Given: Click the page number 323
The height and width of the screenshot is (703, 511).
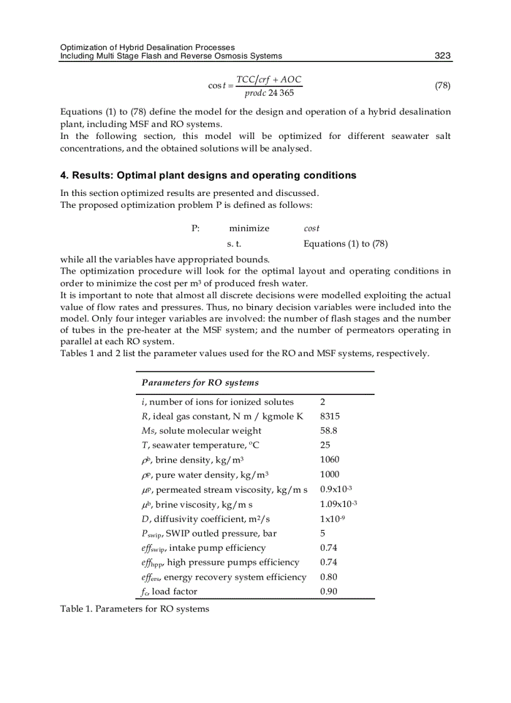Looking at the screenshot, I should pos(443,56).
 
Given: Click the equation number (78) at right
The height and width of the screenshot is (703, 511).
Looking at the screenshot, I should pos(442,85).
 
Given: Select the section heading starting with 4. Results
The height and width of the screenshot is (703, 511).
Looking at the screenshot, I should pos(208,175).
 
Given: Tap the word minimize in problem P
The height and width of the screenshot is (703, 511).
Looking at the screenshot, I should pos(249,228).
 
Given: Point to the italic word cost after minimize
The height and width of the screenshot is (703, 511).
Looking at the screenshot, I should pos(311,228).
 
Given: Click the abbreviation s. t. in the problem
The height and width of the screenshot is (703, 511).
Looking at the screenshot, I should pos(234,244).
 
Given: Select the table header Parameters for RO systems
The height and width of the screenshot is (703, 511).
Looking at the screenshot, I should pos(200,382).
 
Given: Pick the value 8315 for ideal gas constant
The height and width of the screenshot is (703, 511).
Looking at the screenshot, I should pos(330,416).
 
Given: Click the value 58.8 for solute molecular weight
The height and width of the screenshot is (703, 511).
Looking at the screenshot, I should pos(329,431).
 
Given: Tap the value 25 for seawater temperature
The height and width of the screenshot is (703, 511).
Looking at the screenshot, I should pos(325,445).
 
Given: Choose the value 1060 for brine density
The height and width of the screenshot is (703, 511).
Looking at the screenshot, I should pos(329,459).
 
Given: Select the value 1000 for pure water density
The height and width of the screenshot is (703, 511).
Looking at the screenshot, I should pos(329,475).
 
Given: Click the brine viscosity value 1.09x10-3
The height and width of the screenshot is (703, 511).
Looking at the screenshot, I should pos(338,504).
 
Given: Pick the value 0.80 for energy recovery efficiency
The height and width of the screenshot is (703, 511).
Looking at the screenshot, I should pos(329,577).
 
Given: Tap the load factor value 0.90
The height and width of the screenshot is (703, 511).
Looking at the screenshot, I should pos(329,592).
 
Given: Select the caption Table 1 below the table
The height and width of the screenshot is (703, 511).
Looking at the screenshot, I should pos(135,608).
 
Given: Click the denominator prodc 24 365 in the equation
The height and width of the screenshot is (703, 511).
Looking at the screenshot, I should pos(269,93).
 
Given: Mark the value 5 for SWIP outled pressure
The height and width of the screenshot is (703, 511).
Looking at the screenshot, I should pos(323,533).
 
